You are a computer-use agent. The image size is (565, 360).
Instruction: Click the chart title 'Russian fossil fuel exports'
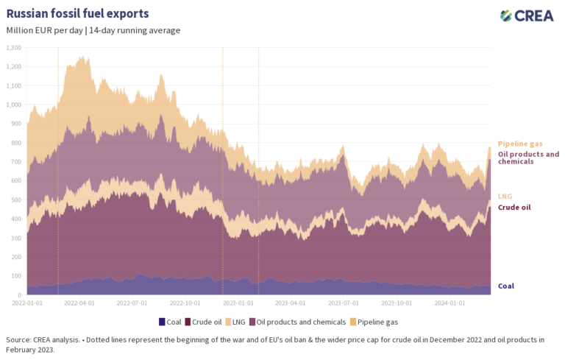click(77, 13)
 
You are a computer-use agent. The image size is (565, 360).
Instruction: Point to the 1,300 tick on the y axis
click(14, 48)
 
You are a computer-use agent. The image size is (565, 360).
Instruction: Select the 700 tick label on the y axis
click(16, 162)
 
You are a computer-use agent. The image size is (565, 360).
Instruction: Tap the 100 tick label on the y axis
click(16, 276)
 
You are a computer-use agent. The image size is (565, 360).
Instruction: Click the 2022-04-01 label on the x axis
click(79, 302)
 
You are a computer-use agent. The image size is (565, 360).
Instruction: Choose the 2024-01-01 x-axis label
click(450, 302)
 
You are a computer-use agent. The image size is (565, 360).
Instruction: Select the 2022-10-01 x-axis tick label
click(188, 302)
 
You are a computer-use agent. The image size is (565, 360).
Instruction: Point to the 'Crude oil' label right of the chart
click(514, 208)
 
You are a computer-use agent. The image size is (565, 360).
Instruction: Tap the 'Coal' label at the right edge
click(507, 286)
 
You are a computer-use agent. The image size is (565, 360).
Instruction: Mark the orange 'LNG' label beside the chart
click(505, 197)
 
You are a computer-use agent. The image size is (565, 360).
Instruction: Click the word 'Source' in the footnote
click(18, 339)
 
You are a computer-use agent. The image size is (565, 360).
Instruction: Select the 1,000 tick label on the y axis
click(14, 105)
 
